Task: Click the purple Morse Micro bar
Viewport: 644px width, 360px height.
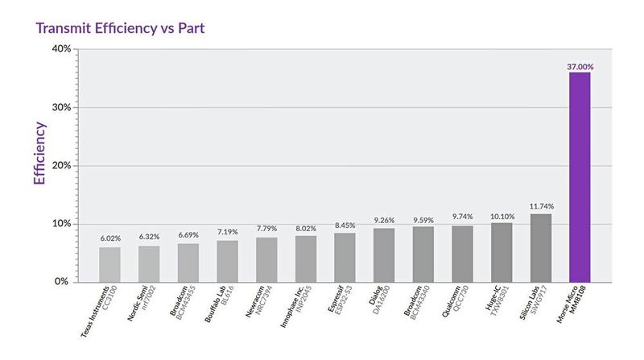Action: click(x=580, y=176)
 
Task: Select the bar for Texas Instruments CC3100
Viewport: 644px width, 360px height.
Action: click(x=109, y=264)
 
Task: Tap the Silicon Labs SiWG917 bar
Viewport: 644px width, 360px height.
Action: click(x=540, y=247)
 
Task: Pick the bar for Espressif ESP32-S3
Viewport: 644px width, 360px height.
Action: click(x=345, y=257)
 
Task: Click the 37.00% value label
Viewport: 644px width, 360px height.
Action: click(x=580, y=66)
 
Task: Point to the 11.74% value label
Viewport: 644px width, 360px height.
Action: click(x=540, y=207)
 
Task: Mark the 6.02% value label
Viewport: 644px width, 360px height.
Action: click(x=110, y=239)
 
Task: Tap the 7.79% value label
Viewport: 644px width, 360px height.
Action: click(x=266, y=228)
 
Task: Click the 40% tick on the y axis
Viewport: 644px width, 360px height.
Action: click(x=60, y=49)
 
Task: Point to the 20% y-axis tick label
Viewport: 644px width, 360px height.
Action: click(x=60, y=165)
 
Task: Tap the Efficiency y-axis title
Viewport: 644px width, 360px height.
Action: click(x=39, y=154)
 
